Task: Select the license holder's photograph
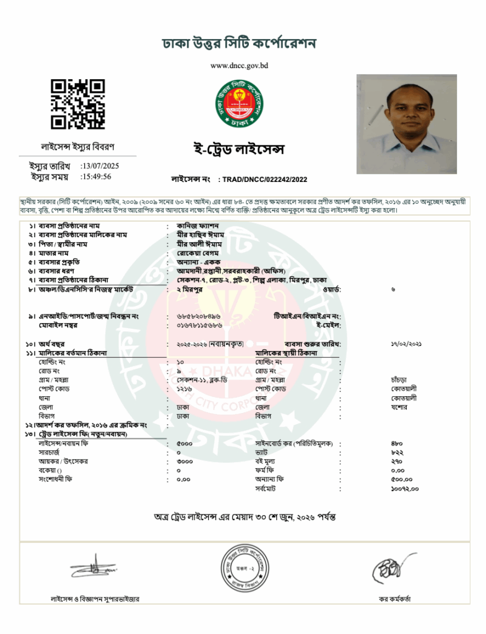406,124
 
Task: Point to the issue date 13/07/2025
100,166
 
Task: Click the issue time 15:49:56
96,176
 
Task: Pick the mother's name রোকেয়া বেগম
199,253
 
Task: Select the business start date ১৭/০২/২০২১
406,343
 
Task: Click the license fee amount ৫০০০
184,444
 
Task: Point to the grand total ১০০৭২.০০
405,489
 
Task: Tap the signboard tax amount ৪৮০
397,444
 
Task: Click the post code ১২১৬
184,388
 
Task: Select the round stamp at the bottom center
246,567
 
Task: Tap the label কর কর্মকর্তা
395,599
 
